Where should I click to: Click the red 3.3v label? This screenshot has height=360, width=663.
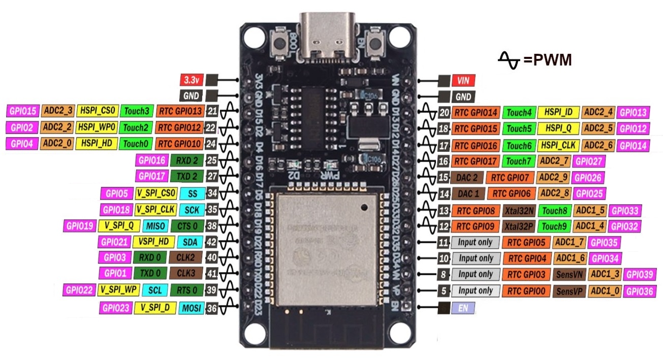pos(192,80)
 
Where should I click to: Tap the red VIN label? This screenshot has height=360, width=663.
pos(462,80)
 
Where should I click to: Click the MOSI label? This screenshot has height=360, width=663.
pos(191,307)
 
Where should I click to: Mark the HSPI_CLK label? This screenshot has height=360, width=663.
pos(558,146)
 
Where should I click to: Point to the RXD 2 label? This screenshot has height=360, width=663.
pos(187,161)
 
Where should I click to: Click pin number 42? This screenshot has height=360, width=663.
pos(212,242)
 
